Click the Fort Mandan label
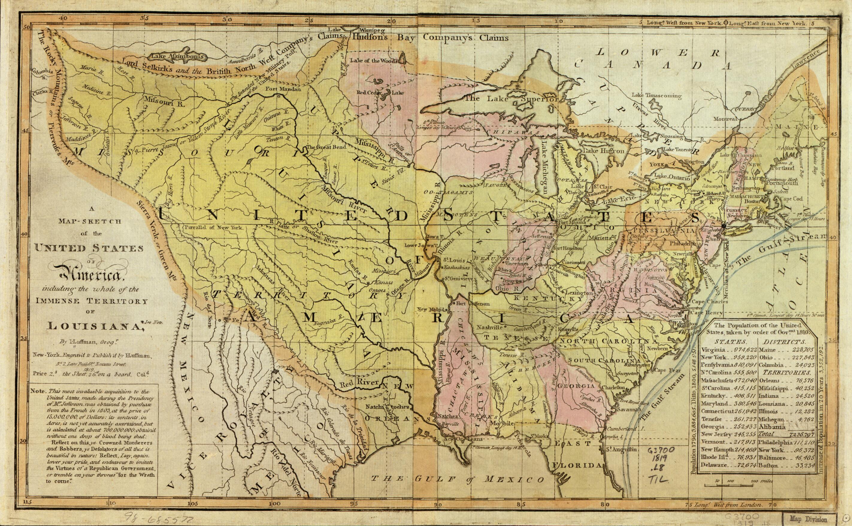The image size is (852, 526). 282,89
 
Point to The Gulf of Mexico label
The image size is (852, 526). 458,479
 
